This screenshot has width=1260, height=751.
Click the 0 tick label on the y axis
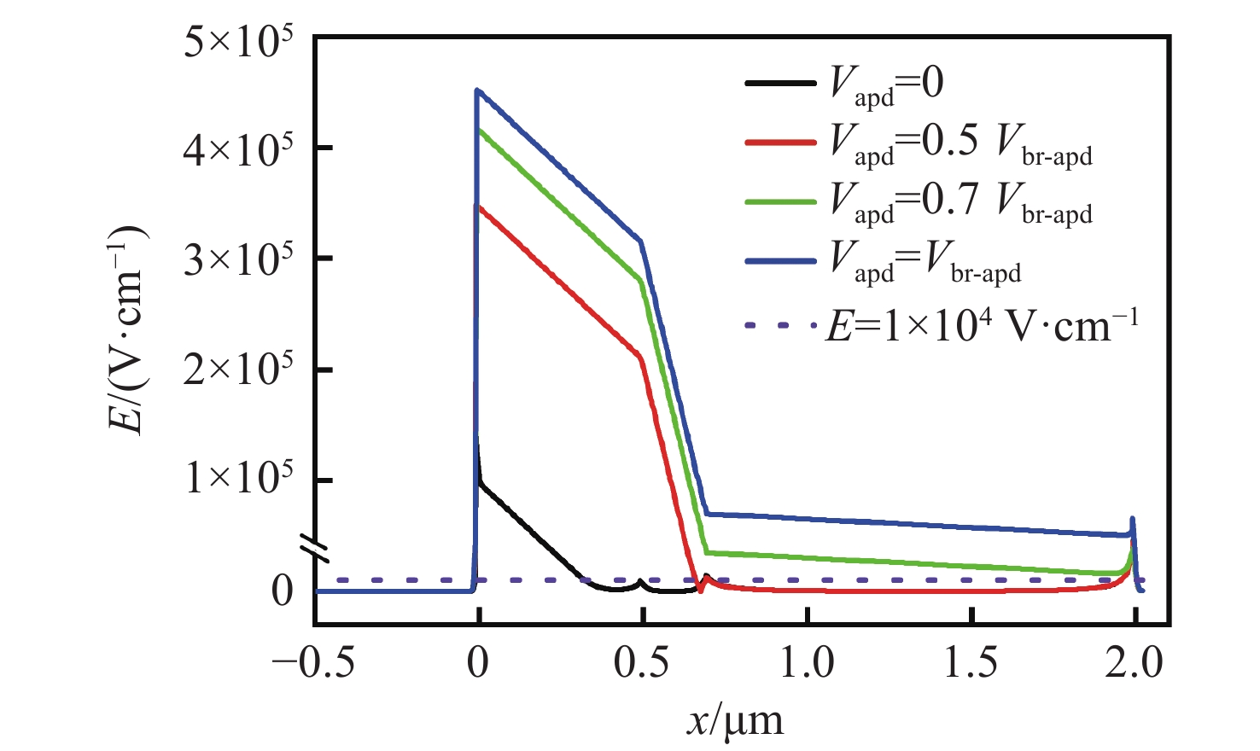coord(283,591)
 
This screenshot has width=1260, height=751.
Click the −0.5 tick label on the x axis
coord(313,663)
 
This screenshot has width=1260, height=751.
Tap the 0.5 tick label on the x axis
coord(641,663)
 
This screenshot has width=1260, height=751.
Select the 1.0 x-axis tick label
coord(807,663)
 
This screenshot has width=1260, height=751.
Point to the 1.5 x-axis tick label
coord(971,663)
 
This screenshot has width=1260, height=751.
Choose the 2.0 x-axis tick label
coord(1135,663)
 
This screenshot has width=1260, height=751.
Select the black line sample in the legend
coord(780,83)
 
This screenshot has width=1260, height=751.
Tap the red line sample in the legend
coord(780,142)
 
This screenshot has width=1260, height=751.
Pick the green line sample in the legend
coord(780,201)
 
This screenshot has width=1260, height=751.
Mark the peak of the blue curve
coord(478,90)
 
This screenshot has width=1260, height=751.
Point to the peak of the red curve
coord(479,207)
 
